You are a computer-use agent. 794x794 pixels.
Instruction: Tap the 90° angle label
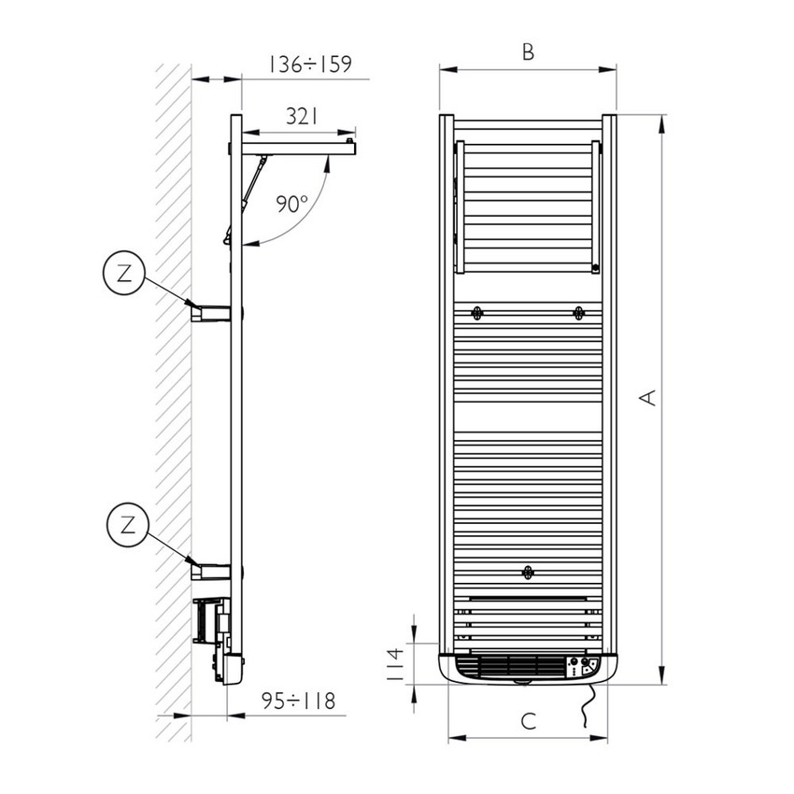[x=291, y=205]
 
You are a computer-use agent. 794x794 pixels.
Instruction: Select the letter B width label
[x=528, y=52]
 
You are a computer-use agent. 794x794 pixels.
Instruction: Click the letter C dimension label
[x=528, y=721]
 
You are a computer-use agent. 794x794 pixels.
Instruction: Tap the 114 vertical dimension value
[x=395, y=664]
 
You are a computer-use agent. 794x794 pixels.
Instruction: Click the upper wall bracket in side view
[x=210, y=311]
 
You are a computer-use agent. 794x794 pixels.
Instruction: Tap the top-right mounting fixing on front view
[x=579, y=312]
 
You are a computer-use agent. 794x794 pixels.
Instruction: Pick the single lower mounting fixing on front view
[x=528, y=572]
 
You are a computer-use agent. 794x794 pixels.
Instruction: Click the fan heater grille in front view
[x=509, y=667]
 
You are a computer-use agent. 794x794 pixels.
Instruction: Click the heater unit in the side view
[x=217, y=635]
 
